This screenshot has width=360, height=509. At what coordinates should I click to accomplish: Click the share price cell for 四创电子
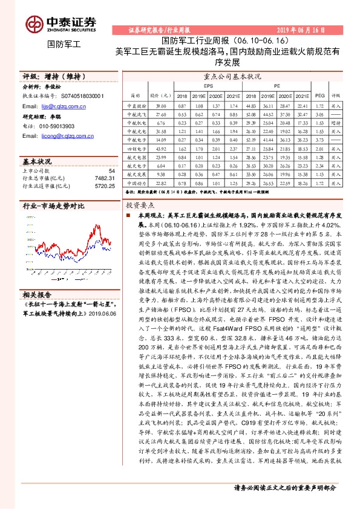point(161,148)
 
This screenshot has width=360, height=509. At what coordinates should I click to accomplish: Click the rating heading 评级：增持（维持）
point(52,77)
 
